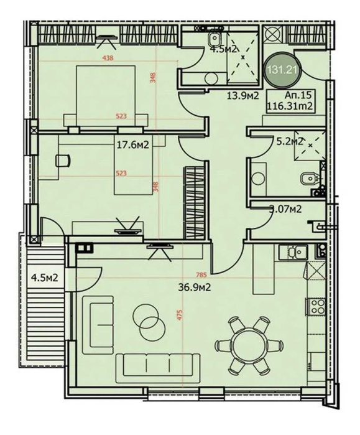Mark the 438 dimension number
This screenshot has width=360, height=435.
109,59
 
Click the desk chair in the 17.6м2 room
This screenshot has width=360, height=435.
62,161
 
